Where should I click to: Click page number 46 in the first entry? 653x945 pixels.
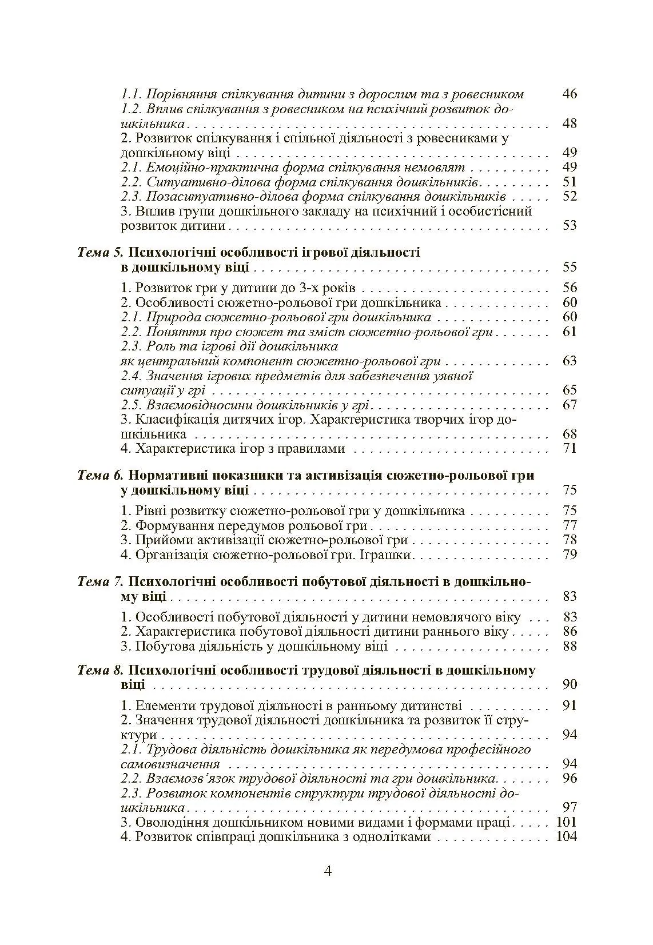570,94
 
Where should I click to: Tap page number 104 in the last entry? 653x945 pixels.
566,837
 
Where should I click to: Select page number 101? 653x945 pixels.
566,823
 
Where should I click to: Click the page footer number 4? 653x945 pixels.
328,871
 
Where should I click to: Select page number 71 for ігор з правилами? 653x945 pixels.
570,448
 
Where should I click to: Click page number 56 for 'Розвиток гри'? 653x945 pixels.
570,288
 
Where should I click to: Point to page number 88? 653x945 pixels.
570,646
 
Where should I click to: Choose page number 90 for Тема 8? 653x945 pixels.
570,684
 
